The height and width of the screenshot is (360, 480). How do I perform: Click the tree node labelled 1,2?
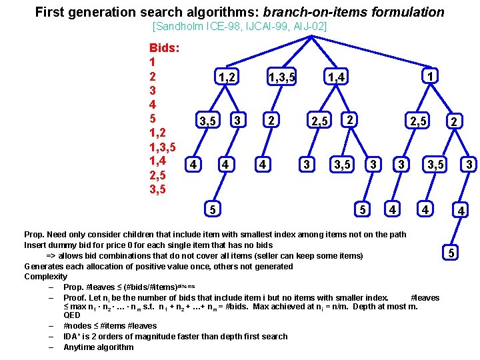click(227, 77)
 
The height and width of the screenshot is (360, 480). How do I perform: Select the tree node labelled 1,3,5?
click(281, 78)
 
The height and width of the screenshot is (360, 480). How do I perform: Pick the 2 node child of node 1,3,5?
click(270, 121)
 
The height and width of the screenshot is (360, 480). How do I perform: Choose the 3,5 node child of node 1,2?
click(207, 121)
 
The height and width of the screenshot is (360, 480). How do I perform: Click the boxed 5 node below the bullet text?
click(451, 253)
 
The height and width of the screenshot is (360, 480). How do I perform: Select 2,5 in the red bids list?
click(162, 175)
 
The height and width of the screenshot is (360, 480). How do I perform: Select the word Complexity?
click(45, 277)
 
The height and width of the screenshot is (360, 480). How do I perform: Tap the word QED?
click(71, 315)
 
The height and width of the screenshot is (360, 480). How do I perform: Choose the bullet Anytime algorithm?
click(98, 347)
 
